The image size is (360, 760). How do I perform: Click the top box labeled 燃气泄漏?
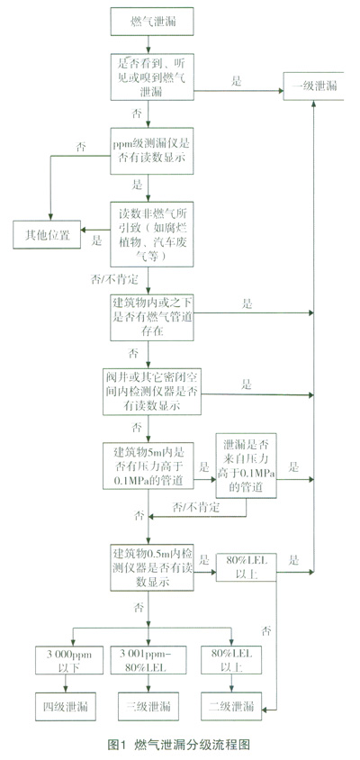click(152, 22)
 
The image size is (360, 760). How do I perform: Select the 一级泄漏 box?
click(313, 86)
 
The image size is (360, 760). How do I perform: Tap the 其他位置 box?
click(47, 235)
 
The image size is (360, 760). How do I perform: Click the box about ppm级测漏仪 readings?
click(152, 150)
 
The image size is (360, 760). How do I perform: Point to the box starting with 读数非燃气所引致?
click(152, 234)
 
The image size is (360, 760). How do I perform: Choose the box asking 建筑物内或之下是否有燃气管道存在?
click(152, 317)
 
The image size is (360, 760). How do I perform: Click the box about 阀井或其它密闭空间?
click(152, 392)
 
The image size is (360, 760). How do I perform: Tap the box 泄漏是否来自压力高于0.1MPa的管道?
click(246, 466)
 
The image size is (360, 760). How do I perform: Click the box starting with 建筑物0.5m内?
click(152, 567)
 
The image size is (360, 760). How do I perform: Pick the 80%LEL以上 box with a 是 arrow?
click(246, 567)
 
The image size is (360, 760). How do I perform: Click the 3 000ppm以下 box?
click(69, 660)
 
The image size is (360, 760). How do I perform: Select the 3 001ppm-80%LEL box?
click(152, 660)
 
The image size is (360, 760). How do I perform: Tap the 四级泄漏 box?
click(69, 706)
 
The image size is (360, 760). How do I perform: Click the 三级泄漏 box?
click(152, 706)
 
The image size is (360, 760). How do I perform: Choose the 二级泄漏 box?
click(231, 706)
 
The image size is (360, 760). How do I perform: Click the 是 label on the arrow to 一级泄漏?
click(236, 81)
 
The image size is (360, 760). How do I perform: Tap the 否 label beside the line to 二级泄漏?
click(266, 631)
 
